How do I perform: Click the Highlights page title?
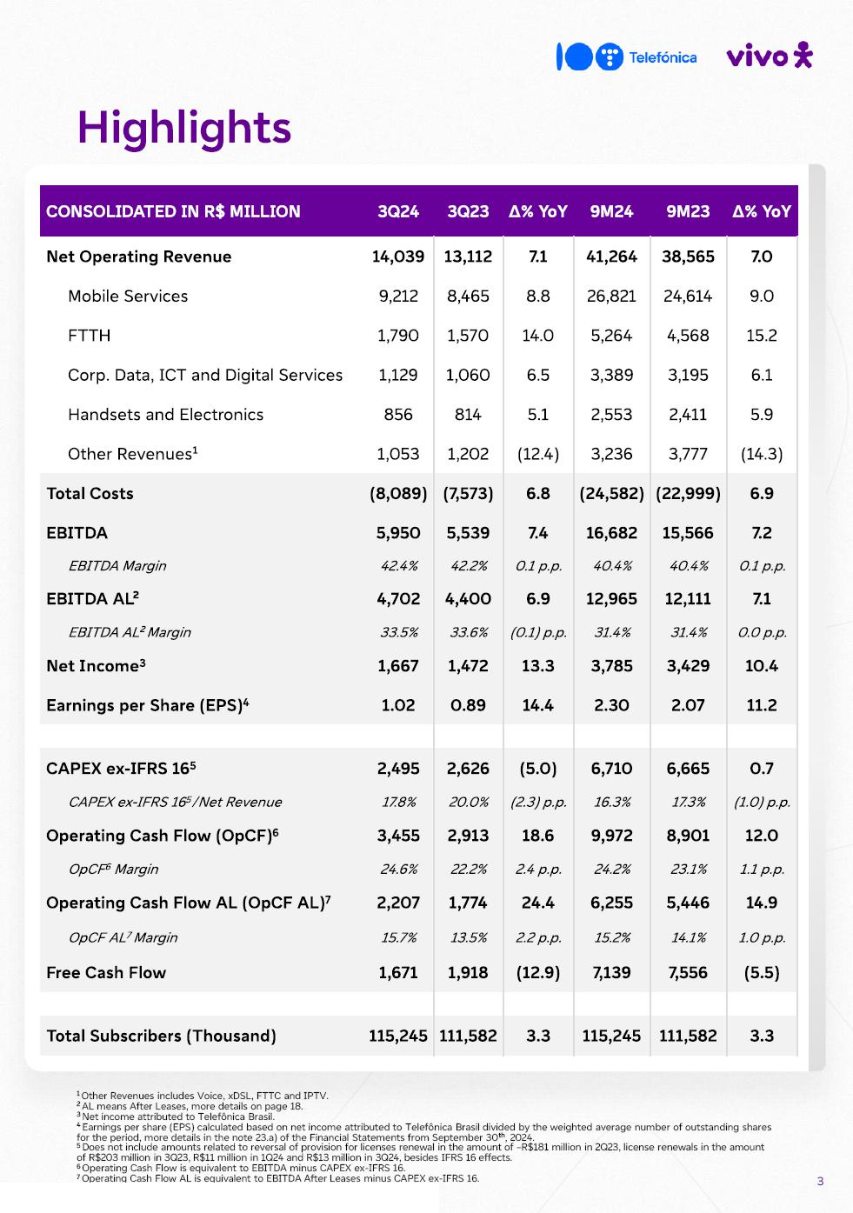(184, 128)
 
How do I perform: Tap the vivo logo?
(769, 57)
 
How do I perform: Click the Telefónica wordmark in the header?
(663, 57)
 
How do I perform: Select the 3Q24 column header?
(398, 211)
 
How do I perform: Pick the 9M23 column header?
(688, 211)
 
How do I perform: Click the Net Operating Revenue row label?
(139, 257)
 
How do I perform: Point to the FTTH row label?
(90, 336)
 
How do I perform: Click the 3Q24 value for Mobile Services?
(398, 296)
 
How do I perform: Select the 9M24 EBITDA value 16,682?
(611, 533)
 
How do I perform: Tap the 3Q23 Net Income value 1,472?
(468, 666)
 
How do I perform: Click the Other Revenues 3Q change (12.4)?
(538, 454)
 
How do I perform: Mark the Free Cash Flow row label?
(106, 973)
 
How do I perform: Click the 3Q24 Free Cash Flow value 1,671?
(398, 973)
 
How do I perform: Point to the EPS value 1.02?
(398, 705)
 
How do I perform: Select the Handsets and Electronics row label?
(165, 415)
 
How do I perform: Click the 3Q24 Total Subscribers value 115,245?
(398, 1036)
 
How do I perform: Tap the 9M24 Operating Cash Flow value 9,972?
(611, 836)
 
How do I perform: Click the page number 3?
(820, 1181)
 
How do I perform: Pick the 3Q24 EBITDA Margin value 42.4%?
(399, 566)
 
